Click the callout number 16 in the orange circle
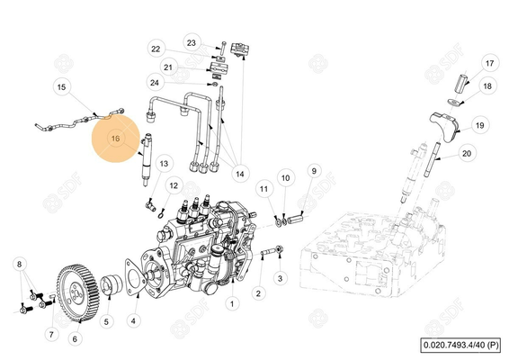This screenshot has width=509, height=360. point(116,139)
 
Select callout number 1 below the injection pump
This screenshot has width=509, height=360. point(232,304)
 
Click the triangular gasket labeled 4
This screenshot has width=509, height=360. point(134,278)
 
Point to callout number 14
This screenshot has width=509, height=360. point(240,174)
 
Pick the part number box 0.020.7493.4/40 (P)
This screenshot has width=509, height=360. point(460,345)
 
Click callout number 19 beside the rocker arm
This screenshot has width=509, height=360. point(480,125)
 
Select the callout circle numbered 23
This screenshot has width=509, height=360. point(192,43)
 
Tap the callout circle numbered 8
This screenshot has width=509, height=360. point(20,264)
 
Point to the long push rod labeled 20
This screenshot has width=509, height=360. point(431,157)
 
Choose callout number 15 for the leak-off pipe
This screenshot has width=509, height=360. point(61,87)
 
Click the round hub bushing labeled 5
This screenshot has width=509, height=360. point(110,284)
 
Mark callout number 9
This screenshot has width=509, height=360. point(314,171)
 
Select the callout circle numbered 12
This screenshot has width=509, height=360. point(174,185)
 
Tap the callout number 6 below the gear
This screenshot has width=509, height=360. point(75,339)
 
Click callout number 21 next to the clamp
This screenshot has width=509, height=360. point(168,67)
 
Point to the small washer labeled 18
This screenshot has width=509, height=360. point(454,103)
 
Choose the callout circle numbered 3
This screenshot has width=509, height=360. point(281,278)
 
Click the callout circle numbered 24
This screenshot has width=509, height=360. point(155,83)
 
